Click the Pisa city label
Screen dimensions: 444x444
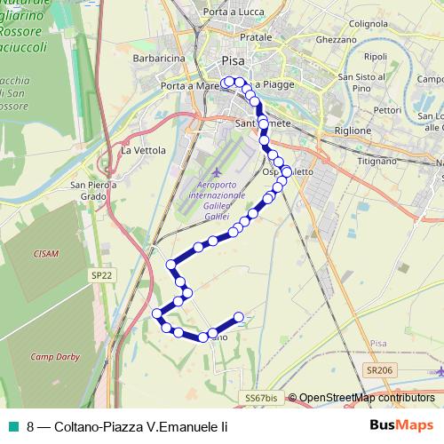233,62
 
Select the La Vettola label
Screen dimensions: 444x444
143,151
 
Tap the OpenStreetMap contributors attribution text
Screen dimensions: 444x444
365,398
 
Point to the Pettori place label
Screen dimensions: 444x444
387,110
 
